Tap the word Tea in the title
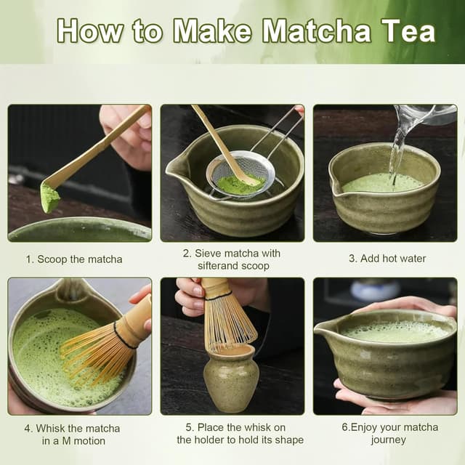coord(408,31)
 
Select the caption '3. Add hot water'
coord(387,259)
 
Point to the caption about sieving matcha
coord(231,259)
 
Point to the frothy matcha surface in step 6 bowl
coord(395,331)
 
